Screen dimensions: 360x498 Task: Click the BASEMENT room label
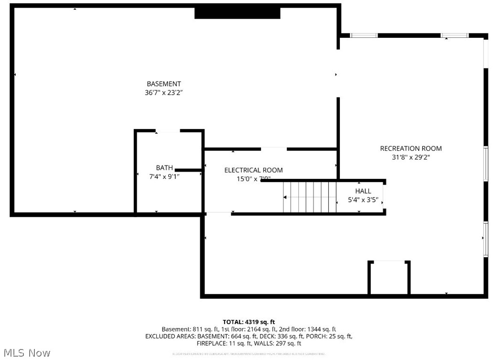pyautogui.click(x=163, y=84)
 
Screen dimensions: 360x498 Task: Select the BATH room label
pyautogui.click(x=164, y=168)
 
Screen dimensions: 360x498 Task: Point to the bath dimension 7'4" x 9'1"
pyautogui.click(x=164, y=176)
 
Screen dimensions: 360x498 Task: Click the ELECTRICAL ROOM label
pyautogui.click(x=253, y=170)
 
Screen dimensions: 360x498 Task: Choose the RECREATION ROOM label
pyautogui.click(x=411, y=149)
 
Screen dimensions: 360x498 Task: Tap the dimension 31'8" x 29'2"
pyautogui.click(x=411, y=157)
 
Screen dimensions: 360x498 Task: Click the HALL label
pyautogui.click(x=363, y=191)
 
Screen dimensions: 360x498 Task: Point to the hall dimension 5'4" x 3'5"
pyautogui.click(x=366, y=200)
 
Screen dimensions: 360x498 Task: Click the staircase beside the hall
pyautogui.click(x=310, y=197)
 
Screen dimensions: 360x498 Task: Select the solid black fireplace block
pyautogui.click(x=237, y=13)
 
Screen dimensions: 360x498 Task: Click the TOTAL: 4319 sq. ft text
pyautogui.click(x=249, y=322)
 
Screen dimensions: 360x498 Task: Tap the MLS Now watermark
pyautogui.click(x=26, y=353)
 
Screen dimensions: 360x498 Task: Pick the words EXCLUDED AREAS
pyautogui.click(x=169, y=336)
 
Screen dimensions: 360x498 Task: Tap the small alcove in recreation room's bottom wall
pyautogui.click(x=389, y=279)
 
